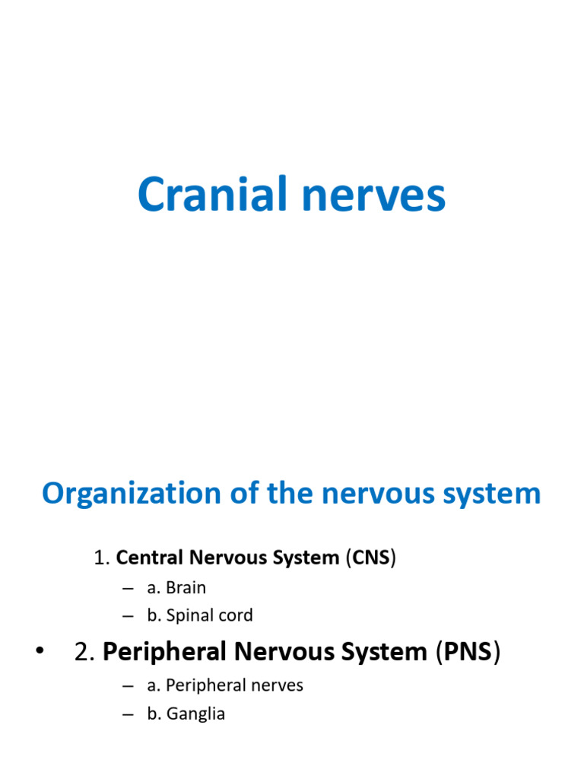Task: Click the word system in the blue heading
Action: point(495,494)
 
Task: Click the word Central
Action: point(151,558)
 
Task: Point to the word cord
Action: point(236,615)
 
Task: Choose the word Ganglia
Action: point(196,714)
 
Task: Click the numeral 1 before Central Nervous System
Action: point(98,558)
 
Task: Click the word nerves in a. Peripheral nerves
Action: point(278,685)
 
